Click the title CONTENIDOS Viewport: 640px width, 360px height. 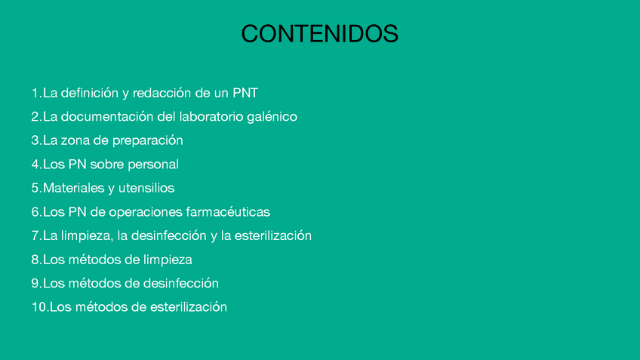click(319, 33)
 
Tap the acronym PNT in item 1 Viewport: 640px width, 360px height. click(245, 93)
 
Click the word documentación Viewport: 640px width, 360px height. click(107, 117)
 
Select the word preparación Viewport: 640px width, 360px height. click(148, 141)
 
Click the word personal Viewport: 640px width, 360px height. click(153, 165)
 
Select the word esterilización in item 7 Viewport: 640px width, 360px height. click(273, 235)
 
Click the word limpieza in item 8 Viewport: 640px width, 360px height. click(168, 260)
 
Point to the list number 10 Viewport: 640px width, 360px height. click(39, 307)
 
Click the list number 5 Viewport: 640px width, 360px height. click(36, 188)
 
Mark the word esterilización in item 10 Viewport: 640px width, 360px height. click(188, 307)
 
